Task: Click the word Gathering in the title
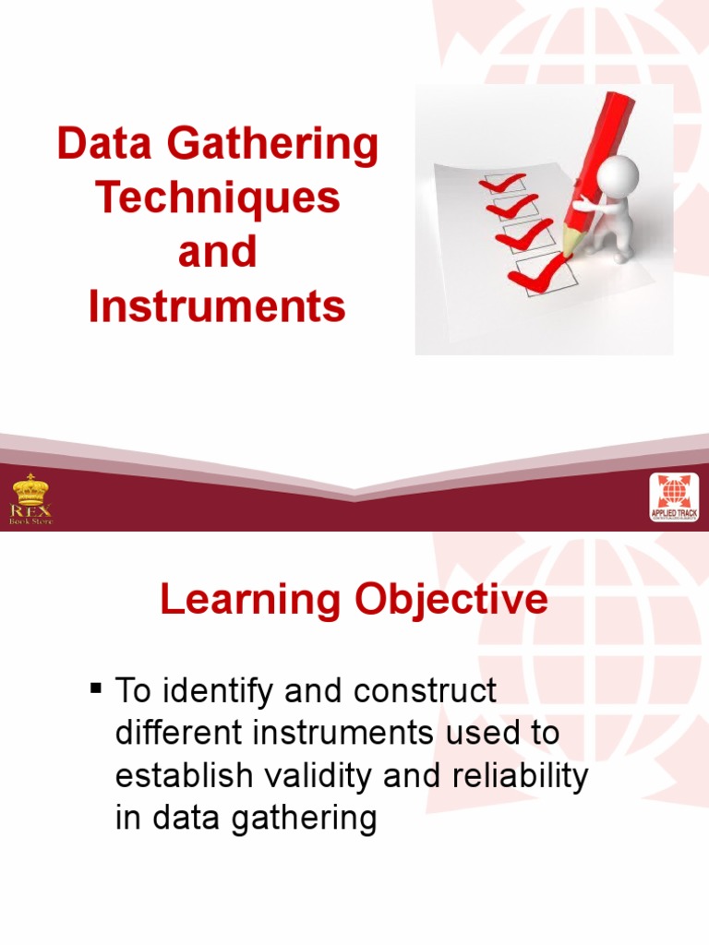coord(276,146)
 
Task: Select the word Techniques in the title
coord(218,198)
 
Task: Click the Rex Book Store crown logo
coord(31,499)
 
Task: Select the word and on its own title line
coord(217,252)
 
